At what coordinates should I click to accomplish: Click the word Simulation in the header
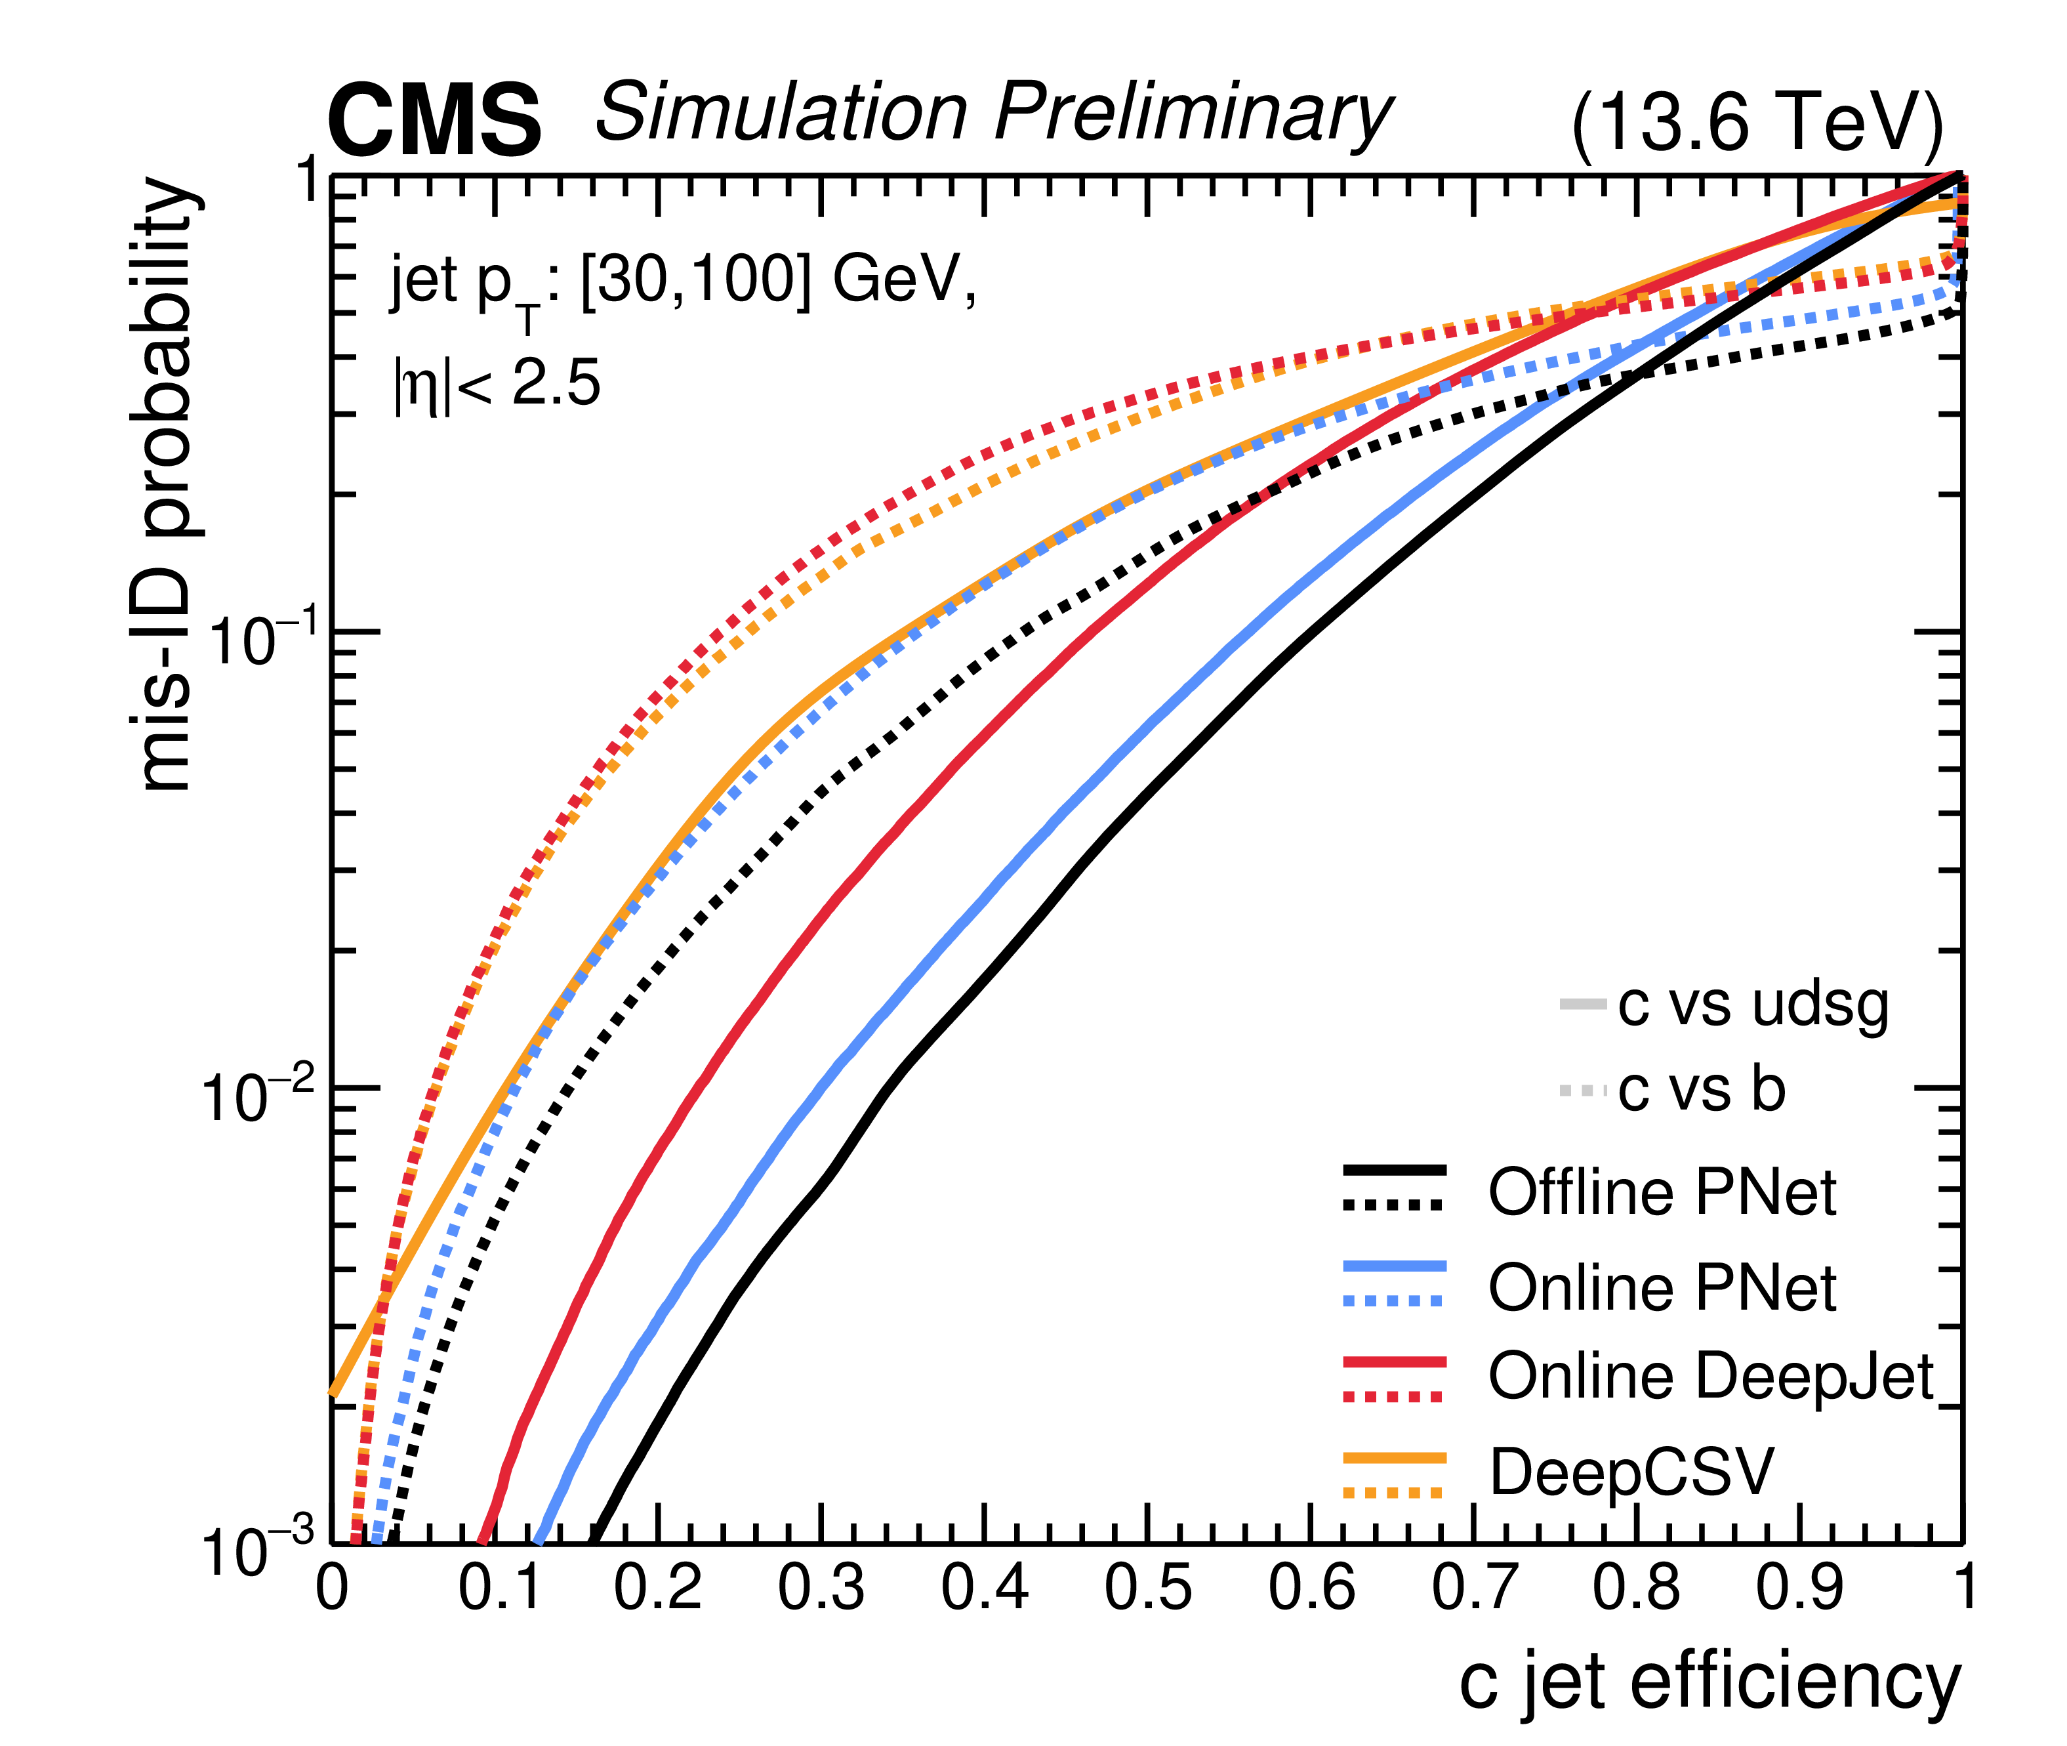(782, 111)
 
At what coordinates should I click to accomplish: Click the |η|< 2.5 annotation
(497, 384)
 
